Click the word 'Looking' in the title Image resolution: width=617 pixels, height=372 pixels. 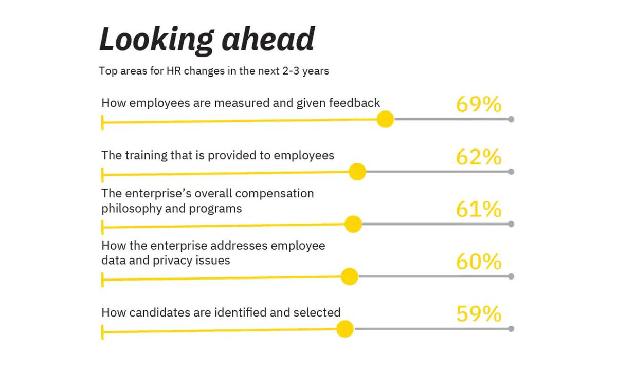point(150,40)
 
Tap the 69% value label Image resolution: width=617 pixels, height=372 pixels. point(479,104)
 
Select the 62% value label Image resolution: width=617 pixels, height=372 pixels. point(479,157)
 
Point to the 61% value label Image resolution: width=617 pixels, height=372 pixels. point(479,209)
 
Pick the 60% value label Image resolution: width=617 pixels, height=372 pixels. point(479,262)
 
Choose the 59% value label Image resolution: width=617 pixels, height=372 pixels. point(479,314)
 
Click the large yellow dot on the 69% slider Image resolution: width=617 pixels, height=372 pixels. point(385,119)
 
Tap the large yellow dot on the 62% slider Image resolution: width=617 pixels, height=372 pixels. point(357,172)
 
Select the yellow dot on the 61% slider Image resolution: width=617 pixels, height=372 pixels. point(353,224)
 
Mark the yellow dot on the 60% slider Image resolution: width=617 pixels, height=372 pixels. point(350,276)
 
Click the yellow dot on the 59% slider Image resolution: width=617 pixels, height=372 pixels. point(345,329)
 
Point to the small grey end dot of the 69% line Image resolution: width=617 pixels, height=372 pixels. point(511,119)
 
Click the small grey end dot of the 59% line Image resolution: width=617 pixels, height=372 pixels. point(511,329)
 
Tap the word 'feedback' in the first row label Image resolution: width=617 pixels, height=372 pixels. point(355,103)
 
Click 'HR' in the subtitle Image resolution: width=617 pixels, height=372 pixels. point(173,71)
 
